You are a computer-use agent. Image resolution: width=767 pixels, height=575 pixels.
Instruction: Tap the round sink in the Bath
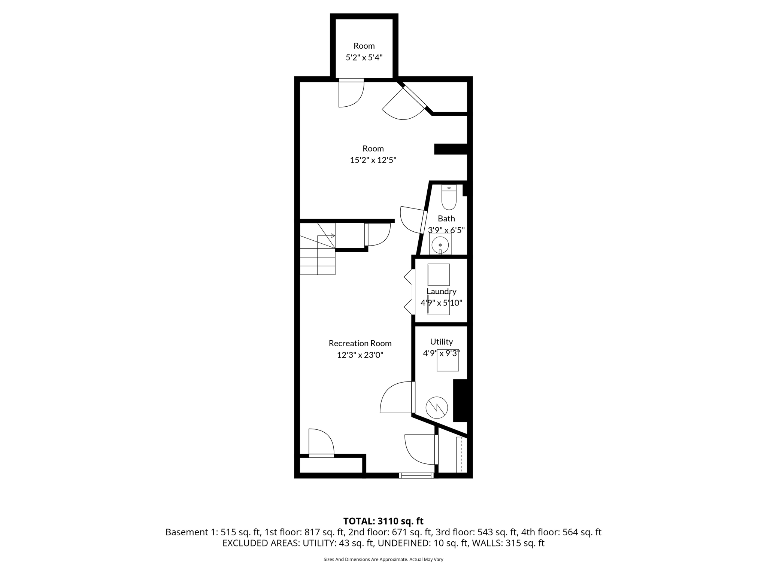pyautogui.click(x=440, y=245)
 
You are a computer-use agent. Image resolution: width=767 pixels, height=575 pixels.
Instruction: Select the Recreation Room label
pyautogui.click(x=360, y=343)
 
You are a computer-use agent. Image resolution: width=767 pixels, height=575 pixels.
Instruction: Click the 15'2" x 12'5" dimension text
pyautogui.click(x=373, y=160)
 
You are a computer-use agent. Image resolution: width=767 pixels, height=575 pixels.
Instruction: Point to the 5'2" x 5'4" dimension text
pyautogui.click(x=364, y=58)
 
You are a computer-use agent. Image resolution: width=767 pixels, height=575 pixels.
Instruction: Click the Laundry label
pyautogui.click(x=441, y=291)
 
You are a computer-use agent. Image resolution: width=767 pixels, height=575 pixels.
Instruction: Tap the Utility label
pyautogui.click(x=441, y=341)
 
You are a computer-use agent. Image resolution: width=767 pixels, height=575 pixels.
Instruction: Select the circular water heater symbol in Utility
pyautogui.click(x=437, y=408)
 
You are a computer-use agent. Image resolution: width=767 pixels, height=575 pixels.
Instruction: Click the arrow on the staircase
pyautogui.click(x=331, y=235)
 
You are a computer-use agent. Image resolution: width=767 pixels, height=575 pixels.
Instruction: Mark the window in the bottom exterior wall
pyautogui.click(x=416, y=475)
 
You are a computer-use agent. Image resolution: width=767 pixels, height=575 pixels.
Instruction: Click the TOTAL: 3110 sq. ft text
pyautogui.click(x=383, y=521)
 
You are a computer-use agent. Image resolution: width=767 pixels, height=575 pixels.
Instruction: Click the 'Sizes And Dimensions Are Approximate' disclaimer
pyautogui.click(x=383, y=559)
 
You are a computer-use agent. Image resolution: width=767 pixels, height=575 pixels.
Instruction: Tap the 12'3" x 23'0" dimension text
pyautogui.click(x=360, y=355)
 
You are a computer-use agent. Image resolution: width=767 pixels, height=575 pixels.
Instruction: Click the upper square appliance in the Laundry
pyautogui.click(x=439, y=275)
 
